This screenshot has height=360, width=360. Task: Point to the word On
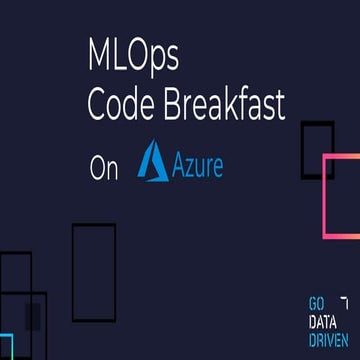coord(103,168)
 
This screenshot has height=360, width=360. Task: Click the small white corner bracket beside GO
coord(345,300)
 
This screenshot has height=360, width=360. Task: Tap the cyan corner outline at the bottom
coord(6,345)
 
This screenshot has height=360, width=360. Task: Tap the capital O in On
coord(97,168)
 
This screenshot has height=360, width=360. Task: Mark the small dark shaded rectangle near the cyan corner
coord(33,312)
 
